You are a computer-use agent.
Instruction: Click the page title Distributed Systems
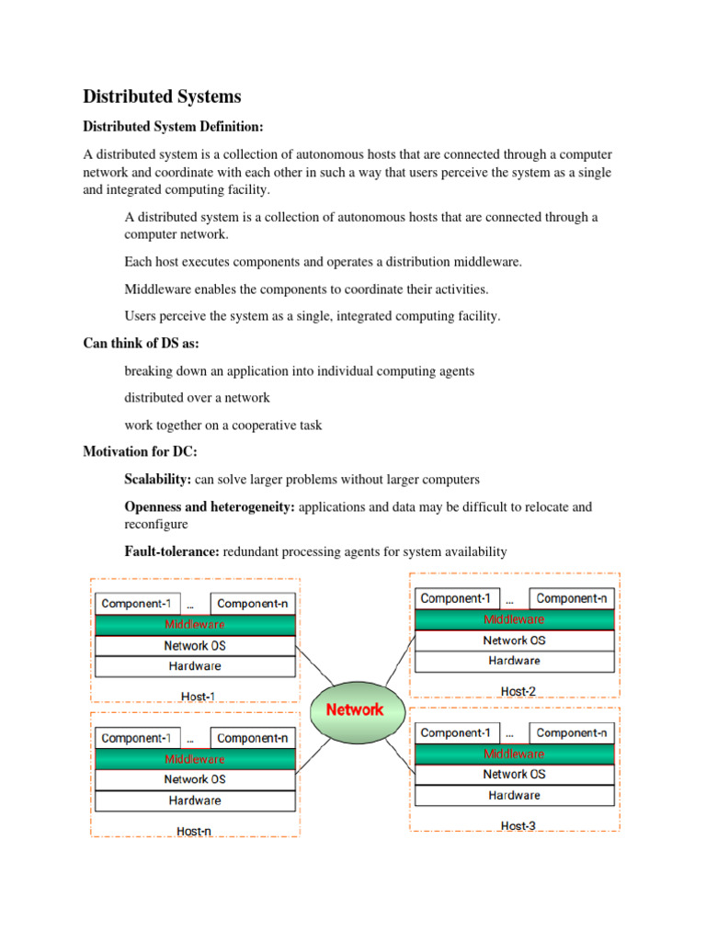coord(164,96)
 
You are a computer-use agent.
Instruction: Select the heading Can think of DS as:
coord(141,343)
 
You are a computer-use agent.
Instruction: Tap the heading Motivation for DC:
coord(140,451)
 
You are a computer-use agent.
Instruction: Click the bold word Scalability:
coord(157,480)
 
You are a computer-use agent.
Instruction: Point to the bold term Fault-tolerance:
coord(171,551)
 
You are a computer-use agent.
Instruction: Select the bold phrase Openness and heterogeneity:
coord(210,506)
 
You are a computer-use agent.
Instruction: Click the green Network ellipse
coord(355,709)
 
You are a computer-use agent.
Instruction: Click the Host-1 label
coord(198,697)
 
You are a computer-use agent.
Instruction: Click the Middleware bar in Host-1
coord(195,625)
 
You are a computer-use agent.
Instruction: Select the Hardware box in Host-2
coord(515,661)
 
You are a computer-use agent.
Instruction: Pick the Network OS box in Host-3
coord(515,775)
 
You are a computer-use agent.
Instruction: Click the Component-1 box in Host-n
coord(136,738)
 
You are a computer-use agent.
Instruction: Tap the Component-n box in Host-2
coord(572,598)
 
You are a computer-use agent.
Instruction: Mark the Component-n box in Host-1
coord(253,604)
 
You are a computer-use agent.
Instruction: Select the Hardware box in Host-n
coord(195,800)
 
